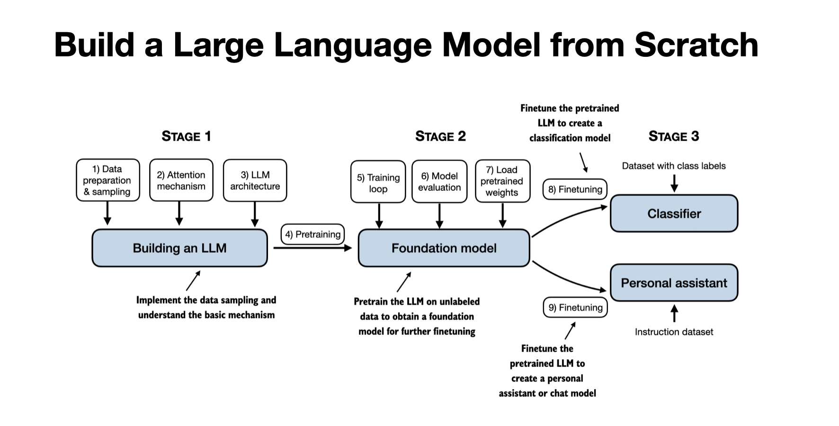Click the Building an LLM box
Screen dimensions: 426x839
[x=179, y=248]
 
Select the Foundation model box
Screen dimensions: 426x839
[x=444, y=248]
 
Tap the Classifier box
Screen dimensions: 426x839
[x=674, y=213]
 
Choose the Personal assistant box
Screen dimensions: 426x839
[x=674, y=283]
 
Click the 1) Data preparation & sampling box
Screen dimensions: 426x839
[x=107, y=180]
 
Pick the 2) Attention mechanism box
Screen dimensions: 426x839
[x=181, y=180]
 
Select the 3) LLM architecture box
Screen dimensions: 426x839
[x=255, y=180]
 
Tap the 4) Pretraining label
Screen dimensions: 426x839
[x=312, y=234]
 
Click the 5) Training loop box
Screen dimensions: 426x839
[x=378, y=183]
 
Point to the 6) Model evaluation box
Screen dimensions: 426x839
[x=439, y=182]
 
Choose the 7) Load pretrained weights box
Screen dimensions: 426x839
[x=502, y=181]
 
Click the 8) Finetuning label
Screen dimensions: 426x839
[x=575, y=189]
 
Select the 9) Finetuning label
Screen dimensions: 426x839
[x=575, y=308]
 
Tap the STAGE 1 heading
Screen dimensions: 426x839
[x=186, y=136]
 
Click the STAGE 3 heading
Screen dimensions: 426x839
[x=673, y=136]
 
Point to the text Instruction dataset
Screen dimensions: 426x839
[x=673, y=332]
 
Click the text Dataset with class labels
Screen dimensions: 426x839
[x=673, y=166]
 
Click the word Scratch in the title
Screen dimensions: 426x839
[x=696, y=45]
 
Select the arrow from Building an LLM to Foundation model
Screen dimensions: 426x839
[x=312, y=248]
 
